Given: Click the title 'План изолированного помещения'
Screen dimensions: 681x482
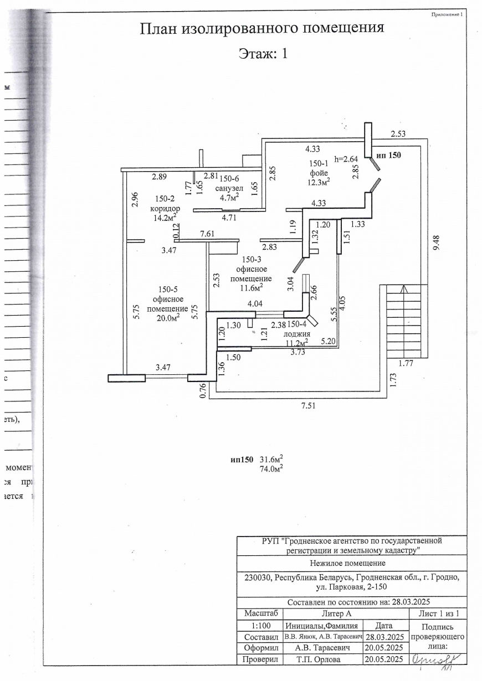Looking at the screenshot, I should pyautogui.click(x=262, y=28).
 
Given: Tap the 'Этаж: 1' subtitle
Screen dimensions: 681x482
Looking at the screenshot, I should pyautogui.click(x=263, y=54).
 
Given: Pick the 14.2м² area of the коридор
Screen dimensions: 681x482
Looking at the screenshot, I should pyautogui.click(x=164, y=217).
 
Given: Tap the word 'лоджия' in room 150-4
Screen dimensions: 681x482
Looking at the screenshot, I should pyautogui.click(x=296, y=334).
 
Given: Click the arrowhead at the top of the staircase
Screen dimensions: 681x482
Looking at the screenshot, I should pyautogui.click(x=404, y=288).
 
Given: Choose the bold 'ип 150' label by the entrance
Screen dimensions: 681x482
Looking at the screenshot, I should pyautogui.click(x=388, y=155).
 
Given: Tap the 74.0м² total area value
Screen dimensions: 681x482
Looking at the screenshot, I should pyautogui.click(x=271, y=468).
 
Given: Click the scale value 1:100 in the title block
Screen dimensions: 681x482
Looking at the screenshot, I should pyautogui.click(x=259, y=625).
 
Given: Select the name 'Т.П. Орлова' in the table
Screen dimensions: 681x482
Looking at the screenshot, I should pyautogui.click(x=322, y=659).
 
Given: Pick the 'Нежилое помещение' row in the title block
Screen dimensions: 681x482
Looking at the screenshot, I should pyautogui.click(x=351, y=564).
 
